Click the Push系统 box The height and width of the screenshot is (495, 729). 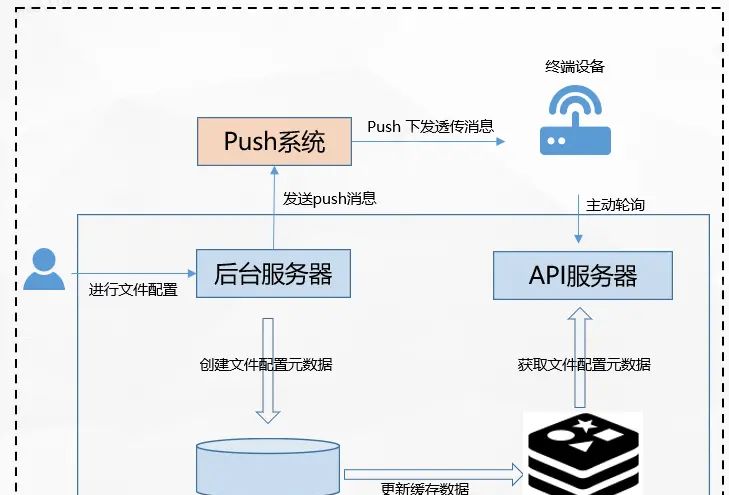tap(274, 141)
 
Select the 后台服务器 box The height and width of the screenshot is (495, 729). tap(273, 273)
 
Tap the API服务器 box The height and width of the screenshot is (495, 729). tap(583, 275)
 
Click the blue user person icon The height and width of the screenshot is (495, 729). tap(43, 269)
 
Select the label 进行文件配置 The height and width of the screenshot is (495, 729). tap(133, 290)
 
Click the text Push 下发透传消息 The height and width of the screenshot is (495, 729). tap(430, 127)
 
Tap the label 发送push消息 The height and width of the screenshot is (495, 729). tap(329, 198)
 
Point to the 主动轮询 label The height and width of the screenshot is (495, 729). tap(615, 205)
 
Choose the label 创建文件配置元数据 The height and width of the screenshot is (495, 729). tap(266, 364)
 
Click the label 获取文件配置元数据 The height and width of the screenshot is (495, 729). tap(584, 364)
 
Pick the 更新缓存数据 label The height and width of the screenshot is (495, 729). tap(425, 488)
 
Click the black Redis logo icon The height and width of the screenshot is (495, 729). tap(584, 455)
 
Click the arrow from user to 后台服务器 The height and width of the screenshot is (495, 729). tap(130, 272)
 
